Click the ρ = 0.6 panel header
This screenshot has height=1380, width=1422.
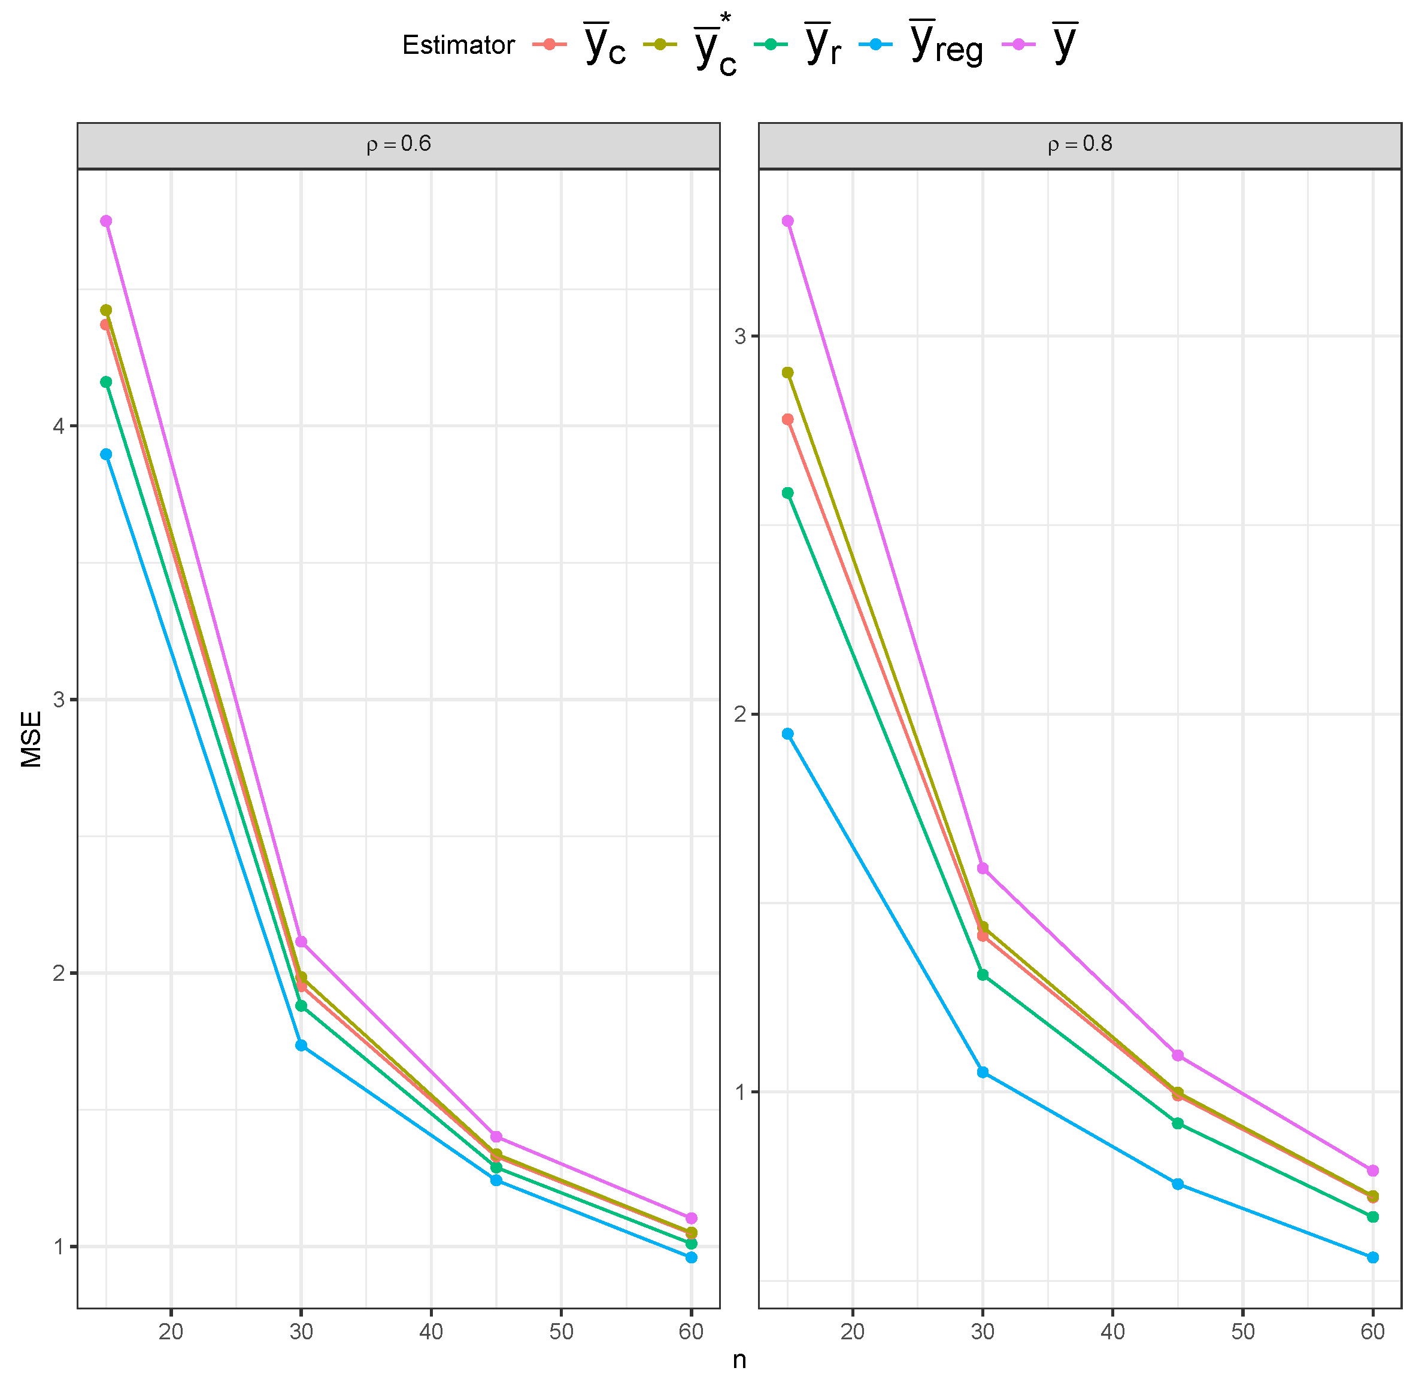pyautogui.click(x=398, y=144)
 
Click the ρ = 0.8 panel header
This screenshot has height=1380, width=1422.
pyautogui.click(x=1080, y=144)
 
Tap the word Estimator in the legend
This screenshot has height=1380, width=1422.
pyautogui.click(x=458, y=45)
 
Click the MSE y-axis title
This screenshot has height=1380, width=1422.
pyautogui.click(x=31, y=739)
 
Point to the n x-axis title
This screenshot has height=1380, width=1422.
pyautogui.click(x=739, y=1360)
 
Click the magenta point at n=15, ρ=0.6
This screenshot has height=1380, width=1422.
pyautogui.click(x=106, y=220)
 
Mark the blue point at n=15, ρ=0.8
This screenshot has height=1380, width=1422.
pyautogui.click(x=788, y=734)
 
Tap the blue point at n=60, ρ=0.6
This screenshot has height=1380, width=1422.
pyautogui.click(x=692, y=1257)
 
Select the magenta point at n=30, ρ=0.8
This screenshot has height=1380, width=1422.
pyautogui.click(x=983, y=868)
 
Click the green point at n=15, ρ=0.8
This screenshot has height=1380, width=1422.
pyautogui.click(x=788, y=493)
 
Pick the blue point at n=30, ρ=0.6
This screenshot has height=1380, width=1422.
pyautogui.click(x=301, y=1045)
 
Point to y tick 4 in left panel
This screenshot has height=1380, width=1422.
pyautogui.click(x=58, y=425)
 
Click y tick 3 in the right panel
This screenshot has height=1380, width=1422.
pyautogui.click(x=740, y=336)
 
